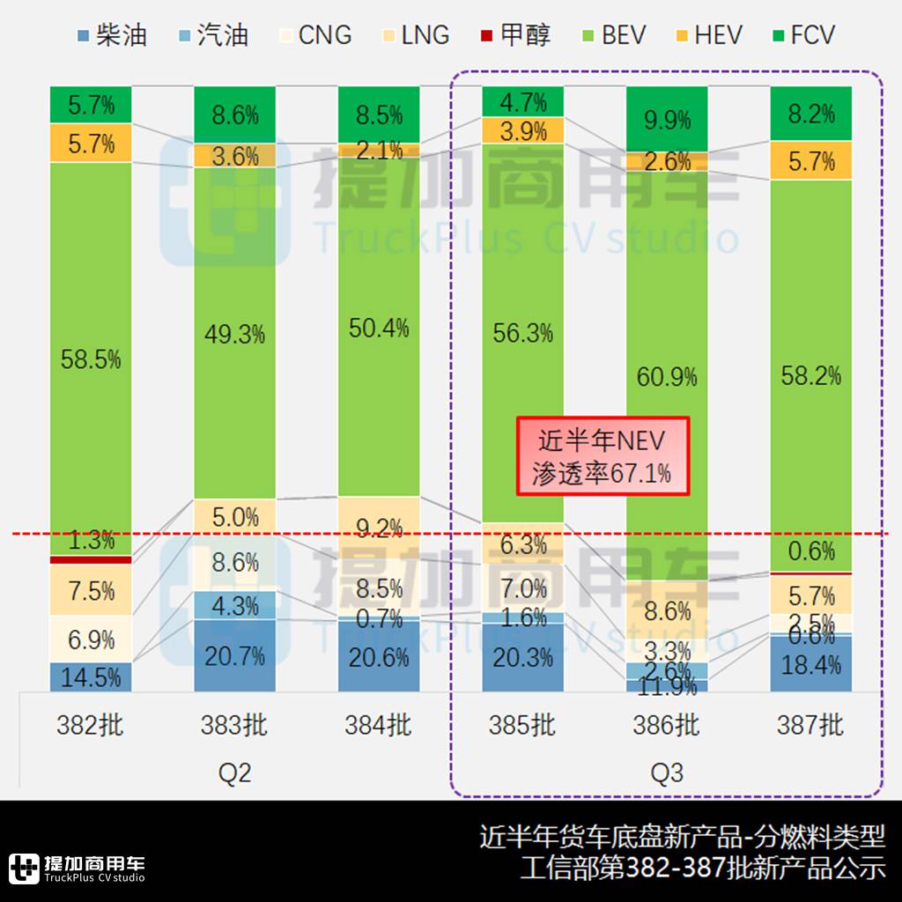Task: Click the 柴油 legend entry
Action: click(x=112, y=35)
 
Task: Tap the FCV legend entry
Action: click(x=801, y=35)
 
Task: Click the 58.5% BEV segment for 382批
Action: click(x=91, y=359)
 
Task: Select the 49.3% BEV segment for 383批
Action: click(x=234, y=334)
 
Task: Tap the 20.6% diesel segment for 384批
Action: click(x=379, y=657)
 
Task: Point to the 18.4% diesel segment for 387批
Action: click(x=810, y=664)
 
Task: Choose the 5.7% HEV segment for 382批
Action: click(x=91, y=143)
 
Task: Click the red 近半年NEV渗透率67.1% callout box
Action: click(x=602, y=455)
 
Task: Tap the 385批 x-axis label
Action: click(x=522, y=725)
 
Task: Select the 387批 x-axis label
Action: click(x=810, y=725)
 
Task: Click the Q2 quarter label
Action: click(x=234, y=773)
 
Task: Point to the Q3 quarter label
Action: click(x=666, y=773)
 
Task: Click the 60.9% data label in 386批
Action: click(x=666, y=377)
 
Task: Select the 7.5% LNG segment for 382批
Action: click(x=91, y=590)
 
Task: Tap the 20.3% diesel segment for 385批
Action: click(x=522, y=658)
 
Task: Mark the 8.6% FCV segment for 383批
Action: click(x=234, y=115)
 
